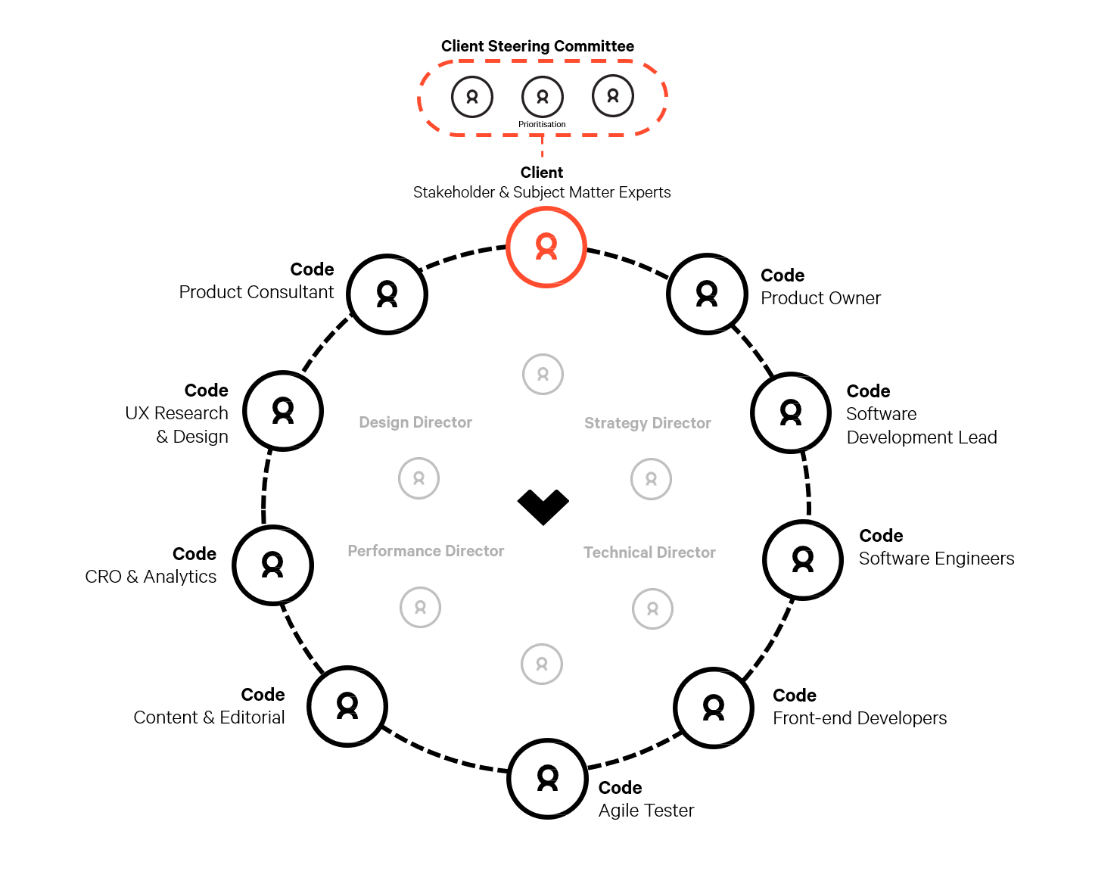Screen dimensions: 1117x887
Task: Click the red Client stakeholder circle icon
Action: (x=546, y=247)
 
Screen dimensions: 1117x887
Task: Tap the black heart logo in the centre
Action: (x=543, y=507)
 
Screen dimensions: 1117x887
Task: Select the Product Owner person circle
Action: (x=707, y=294)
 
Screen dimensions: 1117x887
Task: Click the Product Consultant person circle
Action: (x=387, y=294)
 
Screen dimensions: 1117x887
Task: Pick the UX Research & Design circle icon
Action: (x=283, y=410)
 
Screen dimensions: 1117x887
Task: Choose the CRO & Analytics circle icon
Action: (x=272, y=565)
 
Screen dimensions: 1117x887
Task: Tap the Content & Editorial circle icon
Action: (x=347, y=706)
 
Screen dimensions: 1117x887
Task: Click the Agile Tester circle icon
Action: (x=548, y=779)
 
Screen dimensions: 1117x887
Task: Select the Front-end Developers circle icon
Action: (x=714, y=708)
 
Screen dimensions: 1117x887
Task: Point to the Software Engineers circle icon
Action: (x=803, y=559)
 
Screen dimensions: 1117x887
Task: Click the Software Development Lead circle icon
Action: (x=791, y=412)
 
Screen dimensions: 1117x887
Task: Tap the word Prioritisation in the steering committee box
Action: (x=542, y=124)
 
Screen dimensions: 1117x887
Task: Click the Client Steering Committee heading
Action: (x=538, y=46)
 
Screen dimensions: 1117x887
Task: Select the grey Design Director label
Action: (x=415, y=422)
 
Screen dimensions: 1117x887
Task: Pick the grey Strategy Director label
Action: (x=648, y=423)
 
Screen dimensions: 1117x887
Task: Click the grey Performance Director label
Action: (x=426, y=551)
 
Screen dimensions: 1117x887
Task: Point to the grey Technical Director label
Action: (x=650, y=552)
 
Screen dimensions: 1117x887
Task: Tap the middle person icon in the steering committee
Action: (x=543, y=97)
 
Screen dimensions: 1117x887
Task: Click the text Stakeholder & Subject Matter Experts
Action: (x=542, y=192)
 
